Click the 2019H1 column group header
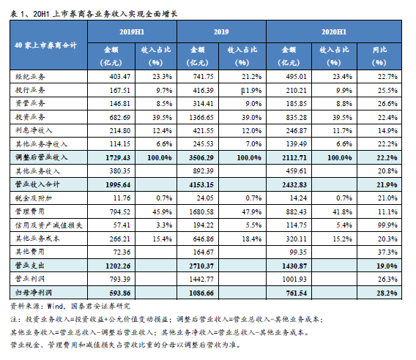pos(132,32)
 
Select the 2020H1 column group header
pos(334,32)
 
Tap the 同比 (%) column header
pos(379,56)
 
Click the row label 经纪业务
pos(30,77)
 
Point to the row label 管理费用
pos(30,211)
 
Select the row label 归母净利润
pos(34,293)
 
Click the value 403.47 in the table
pos(120,77)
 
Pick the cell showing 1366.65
pos(201,117)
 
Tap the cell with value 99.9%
pos(387,225)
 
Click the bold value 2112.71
pos(294,158)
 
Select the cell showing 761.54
pos(297,293)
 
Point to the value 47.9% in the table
pos(251,211)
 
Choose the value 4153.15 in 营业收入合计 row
pos(201,185)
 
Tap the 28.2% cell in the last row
pos(387,293)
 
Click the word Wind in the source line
pos(55,307)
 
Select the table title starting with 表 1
pos(94,14)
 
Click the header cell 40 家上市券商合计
pos(45,45)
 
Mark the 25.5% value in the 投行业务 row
pos(387,91)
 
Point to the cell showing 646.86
pos(203,239)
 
